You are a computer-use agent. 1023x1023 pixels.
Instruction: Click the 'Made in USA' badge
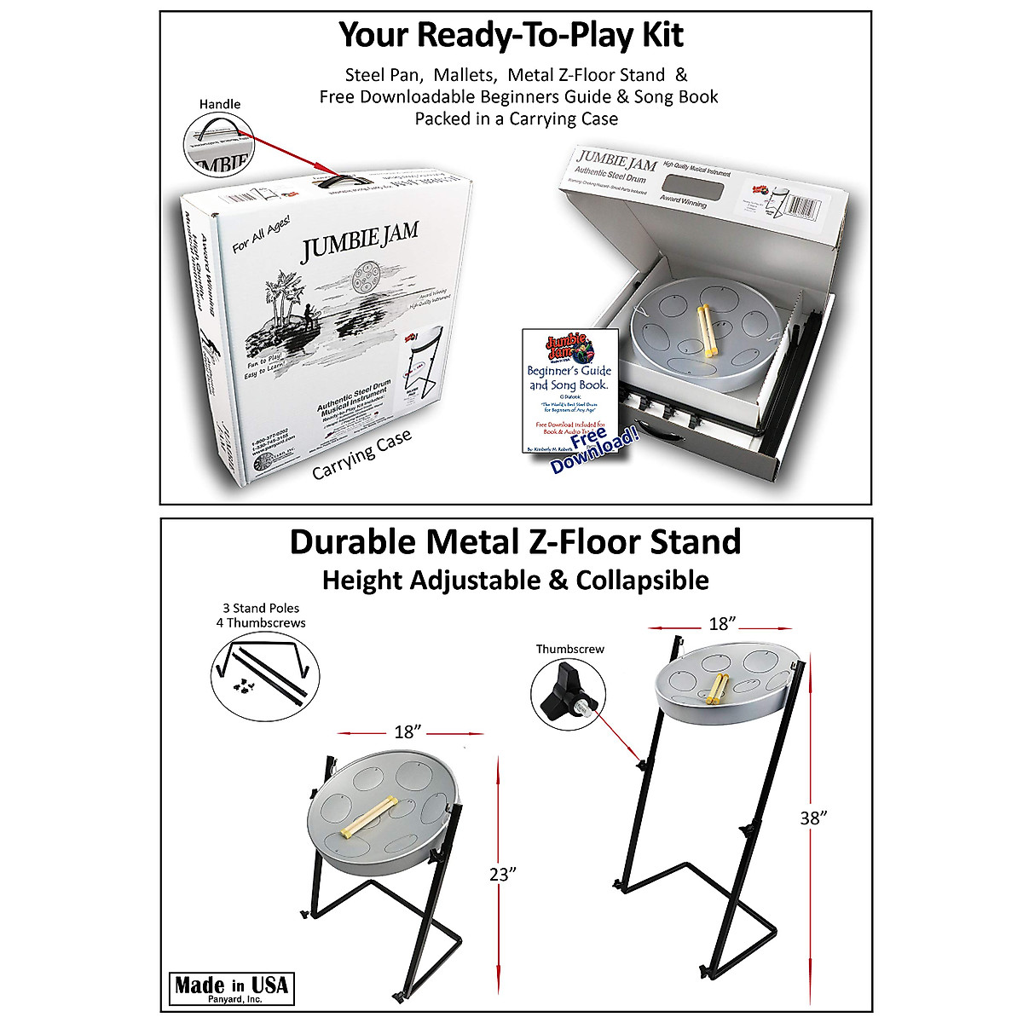[231, 988]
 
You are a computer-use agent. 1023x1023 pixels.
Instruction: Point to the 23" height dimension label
[504, 874]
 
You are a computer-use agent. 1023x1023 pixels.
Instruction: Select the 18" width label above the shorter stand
[408, 731]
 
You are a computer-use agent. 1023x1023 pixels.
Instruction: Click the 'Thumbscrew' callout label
[569, 649]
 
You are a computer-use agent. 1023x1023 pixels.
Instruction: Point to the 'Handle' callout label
[220, 104]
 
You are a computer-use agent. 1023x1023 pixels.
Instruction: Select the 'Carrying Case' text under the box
[361, 454]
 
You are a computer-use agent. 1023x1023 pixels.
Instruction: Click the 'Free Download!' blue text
[593, 449]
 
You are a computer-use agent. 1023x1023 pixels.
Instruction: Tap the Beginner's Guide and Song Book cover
[569, 388]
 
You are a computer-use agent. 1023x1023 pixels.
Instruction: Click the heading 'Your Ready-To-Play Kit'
[511, 35]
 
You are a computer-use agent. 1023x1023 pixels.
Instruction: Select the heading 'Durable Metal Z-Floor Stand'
[515, 541]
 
